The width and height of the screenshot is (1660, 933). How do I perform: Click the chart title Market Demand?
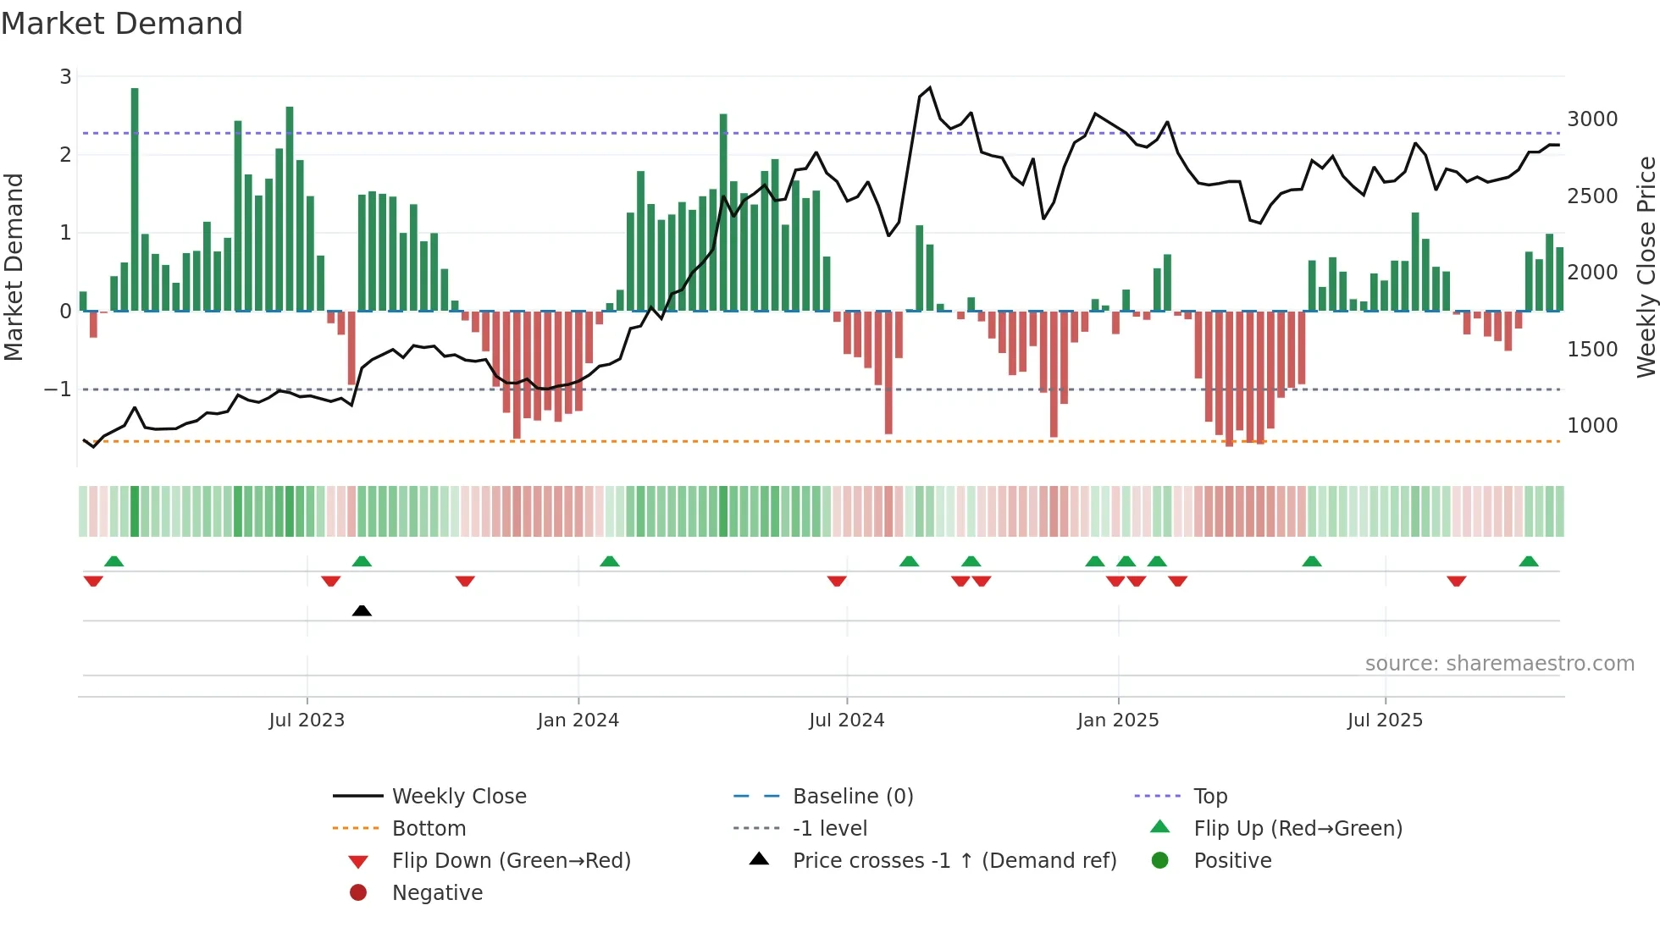pyautogui.click(x=122, y=24)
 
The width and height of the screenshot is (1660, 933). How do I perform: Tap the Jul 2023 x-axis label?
pyautogui.click(x=307, y=720)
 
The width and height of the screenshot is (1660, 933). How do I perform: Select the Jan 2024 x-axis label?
pyautogui.click(x=578, y=720)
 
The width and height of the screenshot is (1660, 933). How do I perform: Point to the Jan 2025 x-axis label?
pyautogui.click(x=1118, y=720)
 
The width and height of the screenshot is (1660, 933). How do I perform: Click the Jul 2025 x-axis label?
pyautogui.click(x=1385, y=720)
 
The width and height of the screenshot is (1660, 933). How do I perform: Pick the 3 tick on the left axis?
pyautogui.click(x=65, y=77)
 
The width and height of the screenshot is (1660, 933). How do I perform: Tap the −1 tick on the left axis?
pyautogui.click(x=58, y=389)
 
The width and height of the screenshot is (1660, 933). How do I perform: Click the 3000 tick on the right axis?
pyautogui.click(x=1592, y=119)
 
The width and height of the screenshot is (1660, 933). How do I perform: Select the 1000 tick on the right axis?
pyautogui.click(x=1592, y=426)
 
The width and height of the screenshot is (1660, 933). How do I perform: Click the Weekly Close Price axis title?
pyautogui.click(x=1646, y=267)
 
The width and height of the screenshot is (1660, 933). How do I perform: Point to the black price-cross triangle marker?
pyautogui.click(x=362, y=610)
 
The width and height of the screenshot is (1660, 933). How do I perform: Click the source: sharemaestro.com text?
pyautogui.click(x=1499, y=664)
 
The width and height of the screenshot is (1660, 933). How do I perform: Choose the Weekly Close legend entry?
pyautogui.click(x=458, y=797)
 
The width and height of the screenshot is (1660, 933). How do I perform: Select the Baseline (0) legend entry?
pyautogui.click(x=852, y=797)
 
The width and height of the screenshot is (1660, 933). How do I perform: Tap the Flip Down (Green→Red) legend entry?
pyautogui.click(x=511, y=861)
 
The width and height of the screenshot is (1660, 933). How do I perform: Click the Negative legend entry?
pyautogui.click(x=437, y=893)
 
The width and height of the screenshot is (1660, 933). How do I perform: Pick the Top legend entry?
pyautogui.click(x=1209, y=797)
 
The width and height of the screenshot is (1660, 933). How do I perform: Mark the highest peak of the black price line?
pyautogui.click(x=930, y=87)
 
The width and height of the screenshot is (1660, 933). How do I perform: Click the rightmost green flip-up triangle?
pyautogui.click(x=1529, y=561)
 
